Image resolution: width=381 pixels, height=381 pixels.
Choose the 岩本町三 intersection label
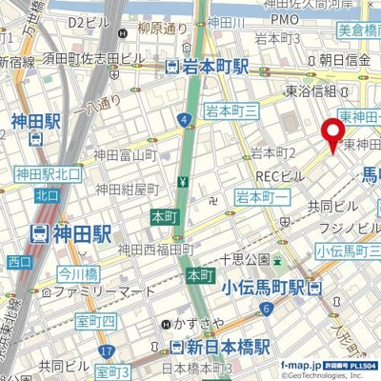tap(232, 110)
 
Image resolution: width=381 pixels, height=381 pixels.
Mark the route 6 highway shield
tap(268, 308)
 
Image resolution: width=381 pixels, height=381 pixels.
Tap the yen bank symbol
tap(181, 181)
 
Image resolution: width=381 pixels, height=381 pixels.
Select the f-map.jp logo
tap(303, 365)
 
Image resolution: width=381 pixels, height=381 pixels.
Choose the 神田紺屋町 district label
tap(125, 189)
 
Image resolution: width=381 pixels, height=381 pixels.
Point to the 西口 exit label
tap(18, 261)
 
